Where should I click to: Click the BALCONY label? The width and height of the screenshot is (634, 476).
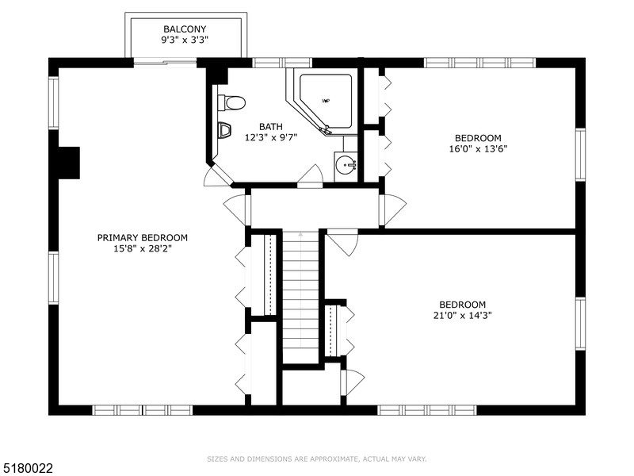coord(185,29)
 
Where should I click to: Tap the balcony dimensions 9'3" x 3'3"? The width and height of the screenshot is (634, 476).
coord(185,40)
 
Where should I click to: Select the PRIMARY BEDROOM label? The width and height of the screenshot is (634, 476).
coord(143,237)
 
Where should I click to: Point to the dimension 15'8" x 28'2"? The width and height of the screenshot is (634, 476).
coord(143,248)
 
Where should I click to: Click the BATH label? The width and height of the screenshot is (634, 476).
coord(271,127)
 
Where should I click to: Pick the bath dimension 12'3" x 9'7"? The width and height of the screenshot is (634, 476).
coord(271,137)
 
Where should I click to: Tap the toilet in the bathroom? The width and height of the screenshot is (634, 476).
coord(231,102)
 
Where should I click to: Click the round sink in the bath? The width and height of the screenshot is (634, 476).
coord(346,165)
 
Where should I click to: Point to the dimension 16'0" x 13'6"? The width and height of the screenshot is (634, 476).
coord(478,148)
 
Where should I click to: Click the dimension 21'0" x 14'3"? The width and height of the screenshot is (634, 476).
coord(462,315)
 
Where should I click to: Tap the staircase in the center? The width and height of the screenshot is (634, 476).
coord(300,295)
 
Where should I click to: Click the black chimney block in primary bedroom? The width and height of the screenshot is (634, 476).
coord(69,163)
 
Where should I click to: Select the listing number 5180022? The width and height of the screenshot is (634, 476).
coord(26,468)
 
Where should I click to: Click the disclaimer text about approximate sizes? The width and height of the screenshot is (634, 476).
coord(316,459)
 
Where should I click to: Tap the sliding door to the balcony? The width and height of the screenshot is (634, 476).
coord(165,63)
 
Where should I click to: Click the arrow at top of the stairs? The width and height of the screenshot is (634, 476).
coord(300,233)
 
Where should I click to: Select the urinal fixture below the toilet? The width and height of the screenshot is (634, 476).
coord(224,130)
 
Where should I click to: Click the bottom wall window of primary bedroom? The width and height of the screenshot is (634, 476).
coord(143,410)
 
